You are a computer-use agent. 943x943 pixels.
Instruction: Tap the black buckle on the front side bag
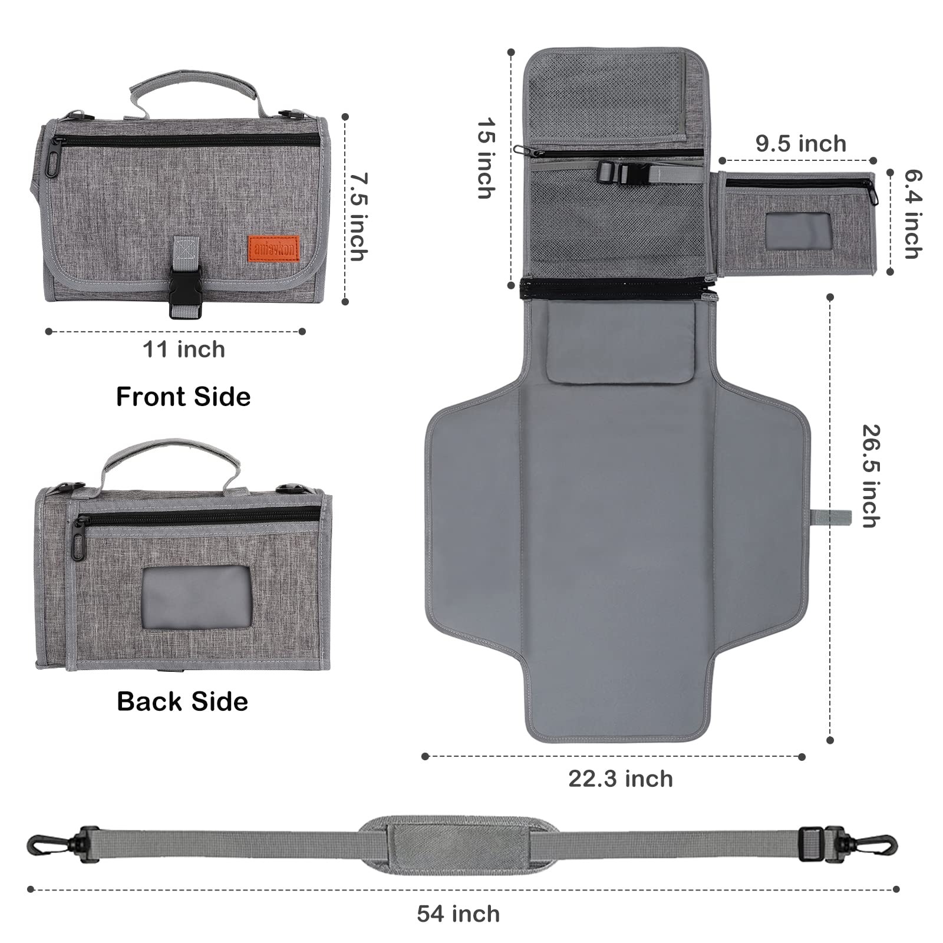coord(186,292)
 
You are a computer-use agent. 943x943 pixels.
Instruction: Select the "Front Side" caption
coord(183,397)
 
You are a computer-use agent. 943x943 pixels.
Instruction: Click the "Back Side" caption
coord(182,701)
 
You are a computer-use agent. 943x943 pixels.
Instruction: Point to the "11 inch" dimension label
coord(184,349)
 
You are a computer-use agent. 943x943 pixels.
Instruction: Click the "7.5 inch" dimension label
coord(358,216)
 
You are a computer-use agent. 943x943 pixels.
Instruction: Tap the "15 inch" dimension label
coord(487,159)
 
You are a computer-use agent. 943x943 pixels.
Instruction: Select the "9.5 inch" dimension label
coord(801,144)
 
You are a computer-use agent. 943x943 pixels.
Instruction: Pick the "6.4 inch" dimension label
coord(913,215)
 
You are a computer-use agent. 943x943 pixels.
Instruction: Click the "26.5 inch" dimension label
coord(871,476)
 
